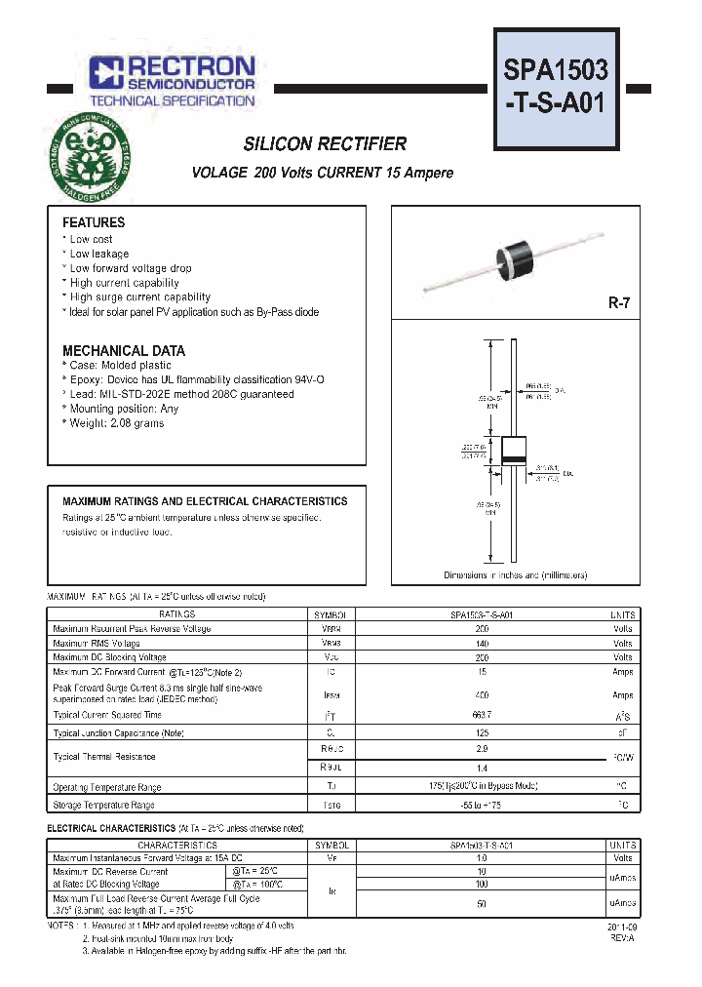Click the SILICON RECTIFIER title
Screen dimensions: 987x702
click(x=325, y=144)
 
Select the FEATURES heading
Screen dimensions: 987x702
click(x=94, y=222)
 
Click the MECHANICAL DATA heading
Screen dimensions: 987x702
click(x=123, y=350)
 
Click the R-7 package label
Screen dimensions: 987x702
click(x=619, y=303)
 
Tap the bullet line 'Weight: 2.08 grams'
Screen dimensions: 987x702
click(x=116, y=423)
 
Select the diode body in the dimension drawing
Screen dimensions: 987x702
click(x=514, y=451)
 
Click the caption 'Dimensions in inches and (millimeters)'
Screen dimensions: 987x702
click(x=515, y=575)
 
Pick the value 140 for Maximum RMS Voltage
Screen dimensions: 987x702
click(x=482, y=644)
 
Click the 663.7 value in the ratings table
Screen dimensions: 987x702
click(x=482, y=715)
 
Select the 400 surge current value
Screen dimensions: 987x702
click(x=482, y=694)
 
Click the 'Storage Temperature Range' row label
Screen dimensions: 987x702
click(x=103, y=806)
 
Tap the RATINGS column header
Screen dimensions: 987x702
click(x=176, y=614)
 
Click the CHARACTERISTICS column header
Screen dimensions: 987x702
click(x=176, y=846)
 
